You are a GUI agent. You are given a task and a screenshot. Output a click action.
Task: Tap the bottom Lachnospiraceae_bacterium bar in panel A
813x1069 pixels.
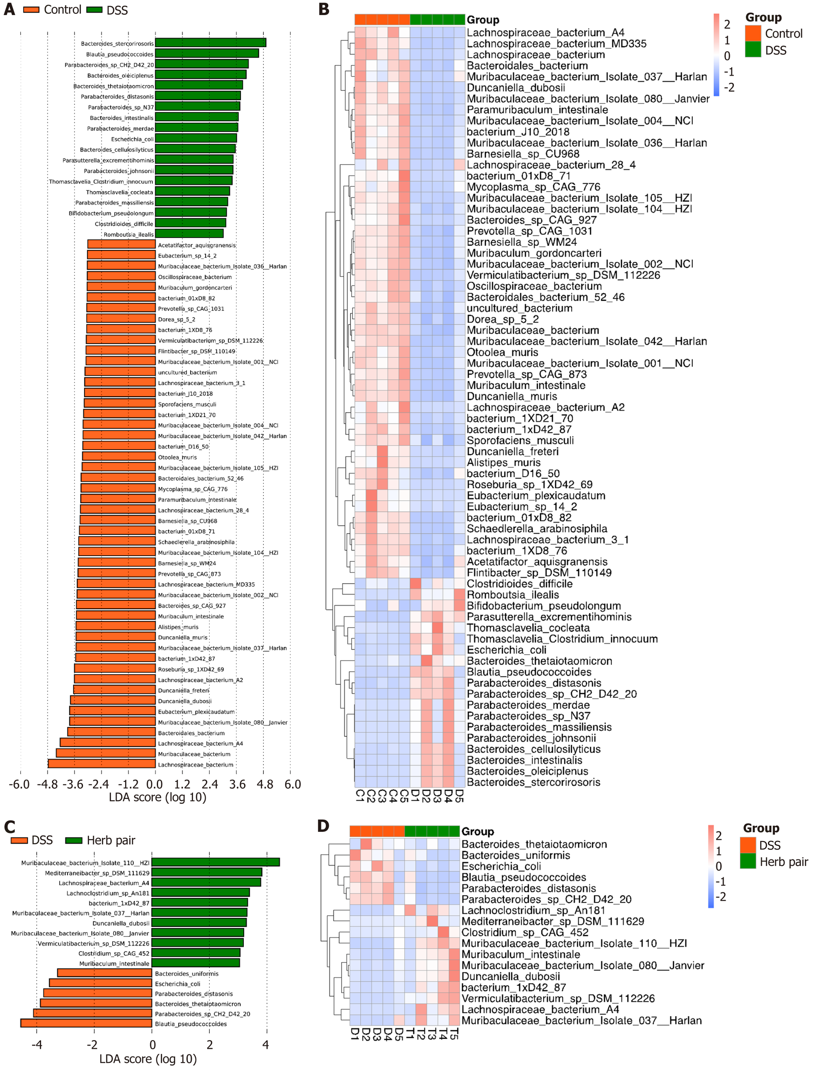pos(102,764)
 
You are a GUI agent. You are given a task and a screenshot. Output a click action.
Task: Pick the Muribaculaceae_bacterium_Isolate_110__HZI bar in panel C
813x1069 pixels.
pos(215,862)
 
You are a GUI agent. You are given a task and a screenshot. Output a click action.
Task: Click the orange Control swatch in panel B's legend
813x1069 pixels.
pos(753,33)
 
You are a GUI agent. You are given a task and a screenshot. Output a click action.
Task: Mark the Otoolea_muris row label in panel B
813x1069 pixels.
pos(502,352)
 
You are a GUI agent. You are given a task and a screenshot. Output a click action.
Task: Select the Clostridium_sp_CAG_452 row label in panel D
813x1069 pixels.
pos(525,932)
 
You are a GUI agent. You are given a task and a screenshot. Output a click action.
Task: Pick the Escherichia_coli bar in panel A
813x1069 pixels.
pos(196,139)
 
